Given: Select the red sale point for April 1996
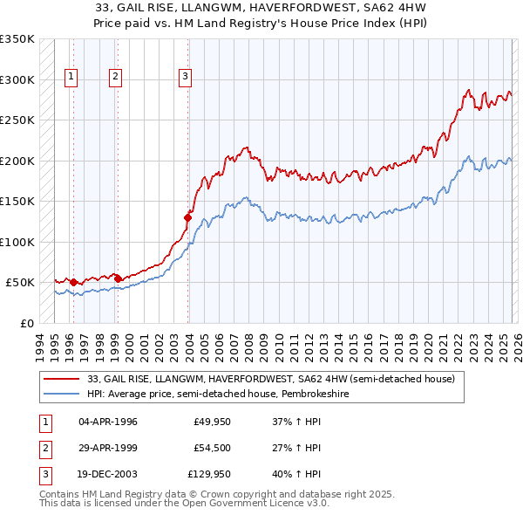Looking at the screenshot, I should click(73, 283).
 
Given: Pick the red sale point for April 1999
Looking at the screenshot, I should click(119, 278).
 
